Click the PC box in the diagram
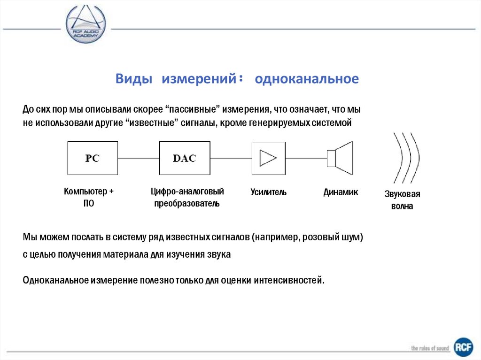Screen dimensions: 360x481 (92, 158)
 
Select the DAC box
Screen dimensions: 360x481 (184, 158)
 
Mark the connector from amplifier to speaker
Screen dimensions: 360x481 (306, 158)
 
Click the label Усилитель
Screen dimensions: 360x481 (268, 192)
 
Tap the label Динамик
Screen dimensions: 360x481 (341, 192)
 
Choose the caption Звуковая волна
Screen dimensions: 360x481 (402, 200)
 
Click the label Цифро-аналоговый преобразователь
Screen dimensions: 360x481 (187, 198)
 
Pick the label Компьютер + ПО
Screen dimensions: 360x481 (89, 198)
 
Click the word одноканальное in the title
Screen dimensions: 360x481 (307, 79)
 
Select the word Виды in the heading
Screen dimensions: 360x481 (134, 79)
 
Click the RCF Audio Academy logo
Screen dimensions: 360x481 (85, 24)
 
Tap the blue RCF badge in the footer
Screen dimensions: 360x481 (463, 347)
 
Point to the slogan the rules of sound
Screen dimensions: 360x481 (430, 348)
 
